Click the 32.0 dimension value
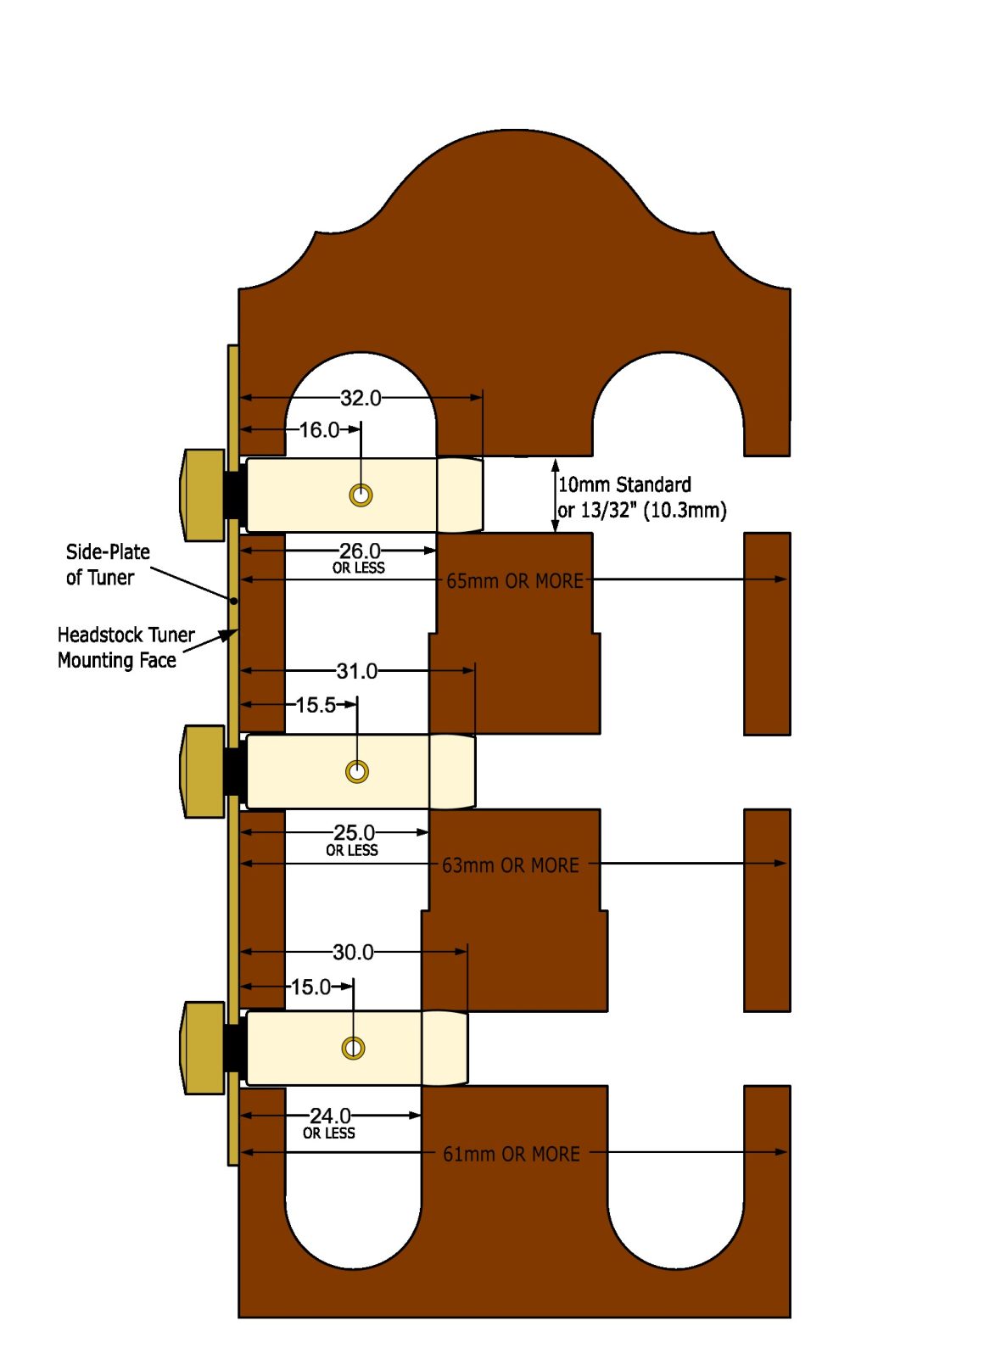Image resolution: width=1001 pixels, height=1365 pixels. [x=361, y=398]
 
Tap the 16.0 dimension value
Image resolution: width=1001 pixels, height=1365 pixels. [x=319, y=430]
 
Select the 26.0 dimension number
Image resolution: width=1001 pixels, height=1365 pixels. [x=360, y=551]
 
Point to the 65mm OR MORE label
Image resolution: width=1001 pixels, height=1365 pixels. [x=515, y=581]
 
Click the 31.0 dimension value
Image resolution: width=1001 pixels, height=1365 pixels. [x=357, y=671]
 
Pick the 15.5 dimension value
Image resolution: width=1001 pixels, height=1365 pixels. [x=316, y=705]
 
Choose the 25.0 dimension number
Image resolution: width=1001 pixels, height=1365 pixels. [x=354, y=832]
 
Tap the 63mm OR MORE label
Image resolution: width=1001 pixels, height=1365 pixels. [x=511, y=865]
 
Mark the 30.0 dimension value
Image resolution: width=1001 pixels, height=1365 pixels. [x=353, y=952]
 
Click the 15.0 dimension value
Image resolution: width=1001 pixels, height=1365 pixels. [x=311, y=987]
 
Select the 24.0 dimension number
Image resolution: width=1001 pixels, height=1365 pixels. [x=330, y=1116]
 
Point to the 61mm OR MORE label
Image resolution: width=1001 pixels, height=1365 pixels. [x=512, y=1154]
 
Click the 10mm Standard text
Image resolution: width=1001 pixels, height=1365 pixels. [x=624, y=484]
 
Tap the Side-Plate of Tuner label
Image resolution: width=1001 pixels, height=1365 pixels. [x=108, y=564]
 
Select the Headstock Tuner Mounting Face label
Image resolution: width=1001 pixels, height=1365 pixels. [x=126, y=647]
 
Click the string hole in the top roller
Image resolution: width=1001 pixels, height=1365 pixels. [x=361, y=495]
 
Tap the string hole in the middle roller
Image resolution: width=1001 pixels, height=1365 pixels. [x=357, y=771]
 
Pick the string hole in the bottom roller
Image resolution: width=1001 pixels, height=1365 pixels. [x=353, y=1048]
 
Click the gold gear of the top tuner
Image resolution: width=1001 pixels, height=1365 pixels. [x=204, y=495]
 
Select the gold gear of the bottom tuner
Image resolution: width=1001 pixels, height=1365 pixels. [x=204, y=1048]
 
